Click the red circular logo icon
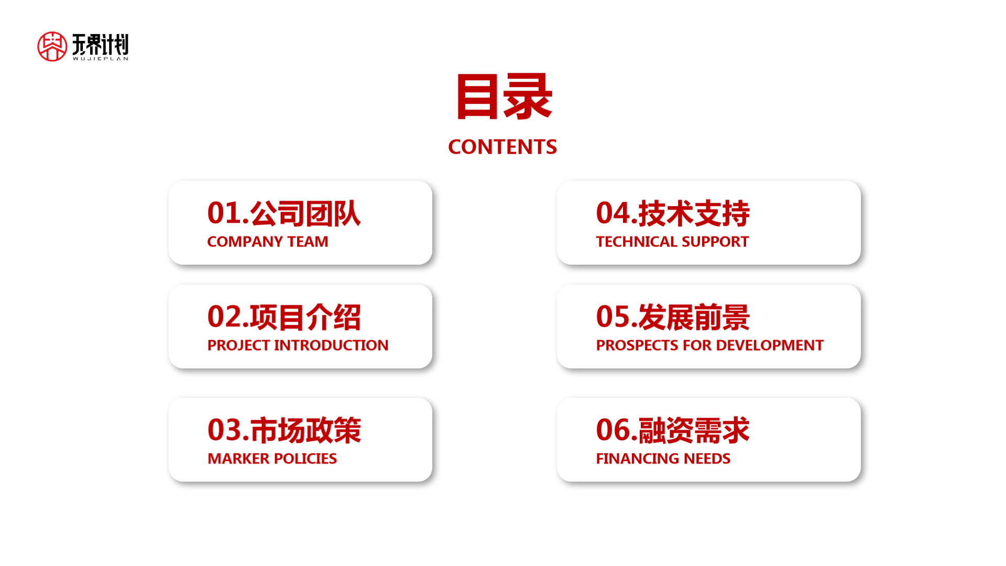pos(52,47)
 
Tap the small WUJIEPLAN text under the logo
pos(100,59)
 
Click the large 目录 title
pos(504,97)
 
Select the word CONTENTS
pos(502,147)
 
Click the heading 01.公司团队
pos(284,213)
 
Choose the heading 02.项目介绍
pos(284,317)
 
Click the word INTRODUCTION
pos(331,345)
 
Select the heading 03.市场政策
pos(284,430)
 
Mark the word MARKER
pos(238,459)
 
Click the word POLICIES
pos(305,459)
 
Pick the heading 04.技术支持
pos(673,213)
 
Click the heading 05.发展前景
pos(673,317)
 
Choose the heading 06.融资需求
pos(673,430)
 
